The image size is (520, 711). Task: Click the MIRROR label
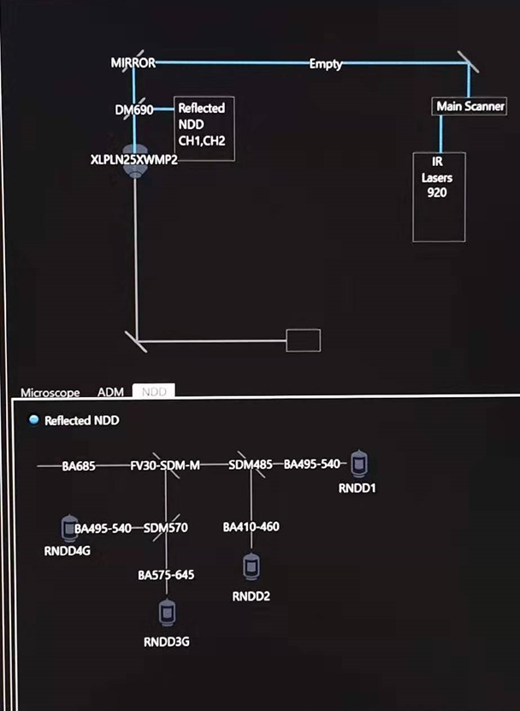tap(133, 63)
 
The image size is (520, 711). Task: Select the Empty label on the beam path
tap(326, 64)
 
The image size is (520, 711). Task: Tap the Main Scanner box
tap(470, 107)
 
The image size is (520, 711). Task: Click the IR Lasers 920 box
tap(439, 197)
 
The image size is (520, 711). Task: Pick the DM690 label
tap(133, 110)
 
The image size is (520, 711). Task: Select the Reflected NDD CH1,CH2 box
tap(204, 128)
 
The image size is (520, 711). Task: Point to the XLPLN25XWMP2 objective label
tap(133, 159)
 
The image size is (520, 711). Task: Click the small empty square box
tap(303, 341)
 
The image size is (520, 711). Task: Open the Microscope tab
tap(50, 393)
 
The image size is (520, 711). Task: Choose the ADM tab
tap(110, 392)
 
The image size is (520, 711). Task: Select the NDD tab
tap(154, 392)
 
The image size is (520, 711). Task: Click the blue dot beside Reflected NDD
tap(33, 420)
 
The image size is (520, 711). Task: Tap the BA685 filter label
tap(79, 466)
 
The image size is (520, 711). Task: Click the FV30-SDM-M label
tap(165, 465)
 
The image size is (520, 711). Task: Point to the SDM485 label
tap(251, 465)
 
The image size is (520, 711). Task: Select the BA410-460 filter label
tap(251, 527)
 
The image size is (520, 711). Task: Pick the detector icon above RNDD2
tap(251, 566)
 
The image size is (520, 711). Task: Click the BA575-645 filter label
tap(166, 575)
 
